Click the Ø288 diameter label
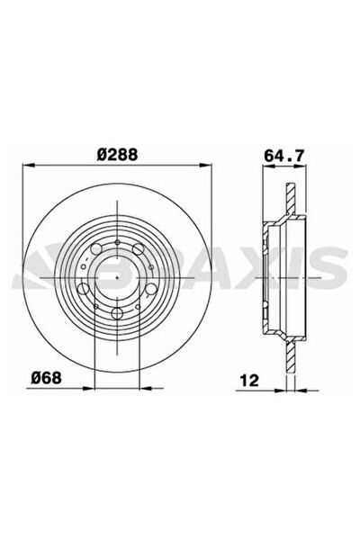pos(117,154)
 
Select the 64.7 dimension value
pos(284,156)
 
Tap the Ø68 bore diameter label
pos(46,378)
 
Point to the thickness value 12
pos(249,380)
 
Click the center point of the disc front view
pos(117,277)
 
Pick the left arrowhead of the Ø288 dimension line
pos(28,166)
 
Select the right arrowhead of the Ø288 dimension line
pos(206,166)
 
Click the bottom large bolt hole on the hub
pos(117,313)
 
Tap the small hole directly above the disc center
pos(117,243)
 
